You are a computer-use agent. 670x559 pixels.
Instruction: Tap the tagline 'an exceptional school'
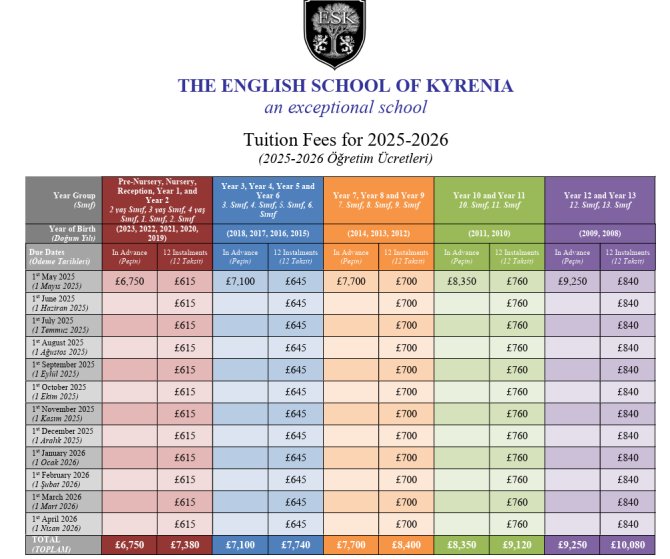coord(345,107)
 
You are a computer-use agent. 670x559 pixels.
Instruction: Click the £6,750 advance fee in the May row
coord(131,281)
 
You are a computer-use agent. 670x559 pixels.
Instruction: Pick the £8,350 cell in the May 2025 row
coord(462,281)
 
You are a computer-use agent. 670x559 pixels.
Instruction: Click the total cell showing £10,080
coord(627,545)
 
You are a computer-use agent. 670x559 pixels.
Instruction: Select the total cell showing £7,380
coord(185,545)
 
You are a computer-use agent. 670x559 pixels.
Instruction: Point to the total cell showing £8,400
coord(406,545)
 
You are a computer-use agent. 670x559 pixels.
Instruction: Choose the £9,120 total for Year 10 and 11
coord(517,545)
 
